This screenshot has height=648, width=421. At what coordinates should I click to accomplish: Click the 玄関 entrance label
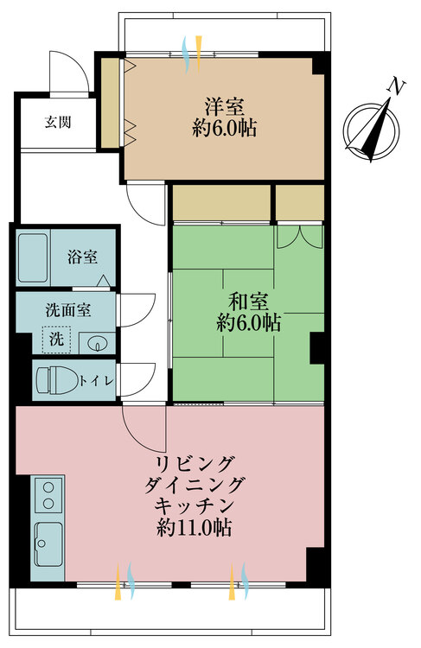tap(58, 122)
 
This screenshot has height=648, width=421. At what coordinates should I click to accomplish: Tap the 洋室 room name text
tap(224, 108)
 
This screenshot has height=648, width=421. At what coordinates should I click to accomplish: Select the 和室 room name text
tap(247, 302)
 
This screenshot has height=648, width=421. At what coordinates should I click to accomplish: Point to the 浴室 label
tap(83, 257)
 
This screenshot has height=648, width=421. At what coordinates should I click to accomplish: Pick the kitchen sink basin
tap(48, 543)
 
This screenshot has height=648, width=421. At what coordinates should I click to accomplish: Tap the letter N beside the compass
tap(396, 87)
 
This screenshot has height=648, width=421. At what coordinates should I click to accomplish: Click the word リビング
tap(199, 461)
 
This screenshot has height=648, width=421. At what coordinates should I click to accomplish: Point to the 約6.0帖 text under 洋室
tap(224, 130)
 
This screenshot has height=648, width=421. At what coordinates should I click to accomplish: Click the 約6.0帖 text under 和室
tap(247, 323)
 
